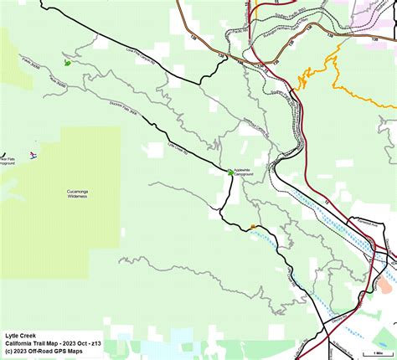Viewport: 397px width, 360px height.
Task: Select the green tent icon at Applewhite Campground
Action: tap(230, 172)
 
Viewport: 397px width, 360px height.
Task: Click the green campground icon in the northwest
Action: tap(67, 62)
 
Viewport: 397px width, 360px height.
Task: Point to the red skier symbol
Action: tap(33, 156)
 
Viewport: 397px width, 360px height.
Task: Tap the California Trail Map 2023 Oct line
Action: tap(52, 342)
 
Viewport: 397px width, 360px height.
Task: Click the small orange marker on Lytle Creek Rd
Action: tap(252, 226)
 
